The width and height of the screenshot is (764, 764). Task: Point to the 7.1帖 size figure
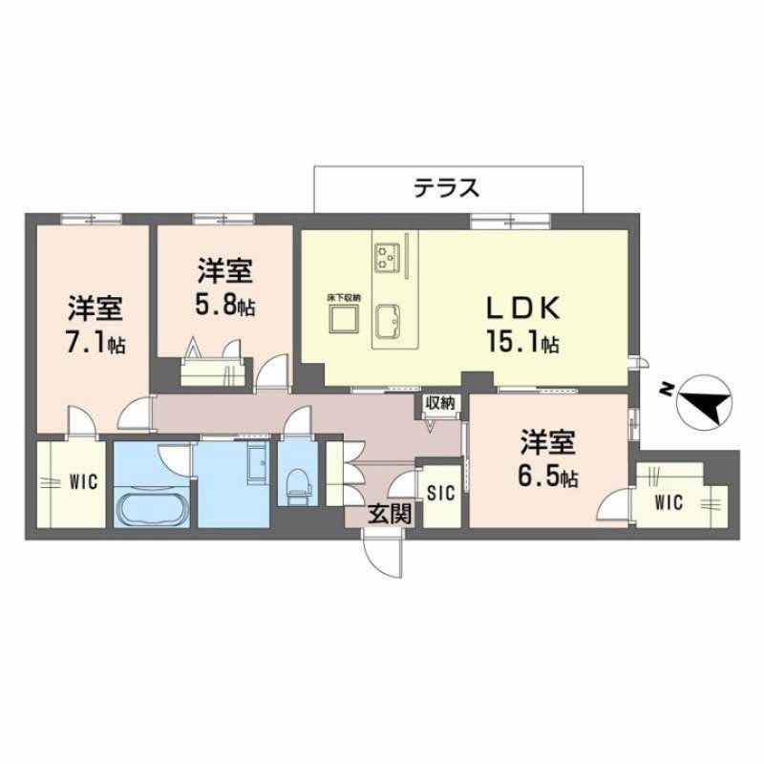tap(95, 344)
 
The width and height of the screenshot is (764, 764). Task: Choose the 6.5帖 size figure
tap(548, 475)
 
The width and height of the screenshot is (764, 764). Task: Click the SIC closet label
tap(440, 493)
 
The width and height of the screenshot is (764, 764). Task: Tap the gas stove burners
tap(388, 253)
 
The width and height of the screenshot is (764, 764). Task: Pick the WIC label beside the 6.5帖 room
tap(668, 502)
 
